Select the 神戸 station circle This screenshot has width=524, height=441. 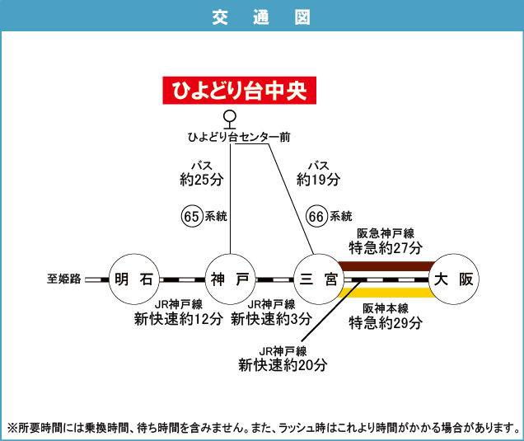[230, 279]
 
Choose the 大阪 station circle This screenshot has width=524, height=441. [455, 279]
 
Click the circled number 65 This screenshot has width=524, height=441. [191, 217]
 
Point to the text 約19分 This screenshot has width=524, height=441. [318, 179]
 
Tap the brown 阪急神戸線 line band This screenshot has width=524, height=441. [386, 265]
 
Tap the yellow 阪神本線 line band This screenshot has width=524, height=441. [386, 292]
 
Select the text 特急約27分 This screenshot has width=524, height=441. [386, 247]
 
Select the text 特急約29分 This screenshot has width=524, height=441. [386, 322]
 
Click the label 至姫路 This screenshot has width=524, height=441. [63, 279]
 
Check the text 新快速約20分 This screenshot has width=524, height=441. [283, 364]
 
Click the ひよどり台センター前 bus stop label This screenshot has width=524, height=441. [238, 137]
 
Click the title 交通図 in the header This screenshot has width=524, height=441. [262, 16]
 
